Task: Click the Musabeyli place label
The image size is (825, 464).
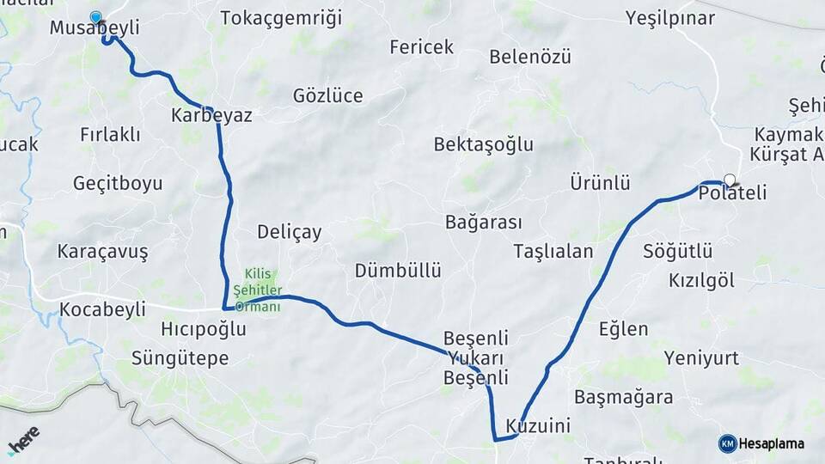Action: [95, 28]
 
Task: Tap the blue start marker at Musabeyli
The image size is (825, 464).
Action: [95, 16]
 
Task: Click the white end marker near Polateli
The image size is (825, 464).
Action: [730, 180]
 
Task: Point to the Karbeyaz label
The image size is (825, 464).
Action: [211, 115]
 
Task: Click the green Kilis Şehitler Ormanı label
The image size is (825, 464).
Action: [259, 290]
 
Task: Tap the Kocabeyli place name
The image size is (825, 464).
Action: [103, 309]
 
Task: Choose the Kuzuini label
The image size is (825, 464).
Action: [539, 426]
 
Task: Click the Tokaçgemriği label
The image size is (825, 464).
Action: [281, 18]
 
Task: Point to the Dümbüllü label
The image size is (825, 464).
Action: [398, 271]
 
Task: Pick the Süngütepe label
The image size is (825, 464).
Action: [180, 357]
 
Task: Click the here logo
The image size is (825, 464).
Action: [23, 439]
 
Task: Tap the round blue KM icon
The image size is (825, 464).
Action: [727, 443]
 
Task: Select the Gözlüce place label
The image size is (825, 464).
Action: [327, 96]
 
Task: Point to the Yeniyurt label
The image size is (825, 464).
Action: [701, 358]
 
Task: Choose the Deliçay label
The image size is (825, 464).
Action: [290, 232]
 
